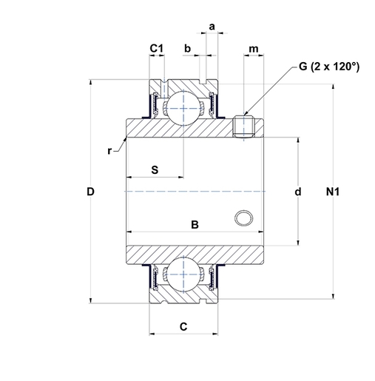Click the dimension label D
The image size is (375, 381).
tap(90, 192)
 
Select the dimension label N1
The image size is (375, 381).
tap(333, 192)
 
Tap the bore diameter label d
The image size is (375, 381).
tap(298, 192)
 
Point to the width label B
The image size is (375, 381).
tap(195, 225)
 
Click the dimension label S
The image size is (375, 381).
tap(155, 170)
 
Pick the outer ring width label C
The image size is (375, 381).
tap(183, 327)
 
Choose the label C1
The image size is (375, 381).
tap(157, 48)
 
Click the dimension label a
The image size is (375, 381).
tap(212, 27)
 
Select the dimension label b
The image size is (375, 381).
tap(188, 48)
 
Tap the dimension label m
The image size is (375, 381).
tap(254, 49)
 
